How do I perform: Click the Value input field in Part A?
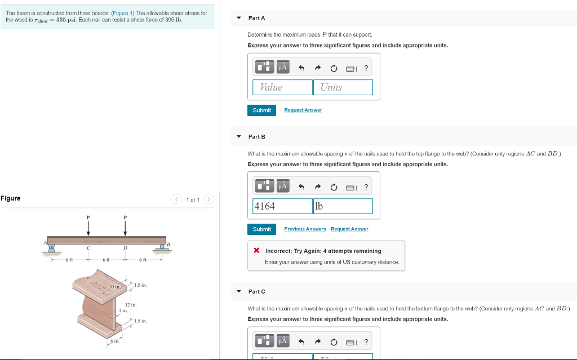[x=282, y=87]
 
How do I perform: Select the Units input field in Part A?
[x=343, y=87]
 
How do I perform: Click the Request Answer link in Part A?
[x=303, y=110]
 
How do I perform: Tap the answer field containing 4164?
[x=282, y=206]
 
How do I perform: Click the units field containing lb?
[x=343, y=206]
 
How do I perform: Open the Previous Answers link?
[x=305, y=229]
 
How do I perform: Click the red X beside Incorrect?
[x=256, y=251]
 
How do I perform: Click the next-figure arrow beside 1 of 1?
[x=209, y=199]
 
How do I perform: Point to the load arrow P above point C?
[x=88, y=227]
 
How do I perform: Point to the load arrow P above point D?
[x=125, y=227]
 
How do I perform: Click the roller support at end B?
[x=162, y=247]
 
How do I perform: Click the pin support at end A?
[x=52, y=247]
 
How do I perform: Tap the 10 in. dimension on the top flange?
[x=114, y=288]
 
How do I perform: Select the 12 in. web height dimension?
[x=131, y=305]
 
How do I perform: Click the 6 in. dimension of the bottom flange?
[x=114, y=341]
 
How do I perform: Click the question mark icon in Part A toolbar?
[x=366, y=69]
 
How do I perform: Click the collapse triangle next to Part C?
[x=239, y=292]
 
